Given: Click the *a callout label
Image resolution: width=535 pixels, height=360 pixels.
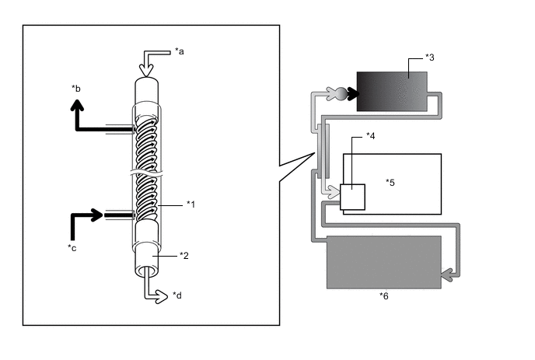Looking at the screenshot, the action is pyautogui.click(x=180, y=51).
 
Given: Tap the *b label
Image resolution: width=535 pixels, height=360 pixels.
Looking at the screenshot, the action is pyautogui.click(x=76, y=89).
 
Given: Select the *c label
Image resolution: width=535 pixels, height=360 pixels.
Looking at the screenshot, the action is pyautogui.click(x=72, y=248).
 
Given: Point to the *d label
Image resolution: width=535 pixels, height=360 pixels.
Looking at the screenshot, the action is pyautogui.click(x=177, y=295).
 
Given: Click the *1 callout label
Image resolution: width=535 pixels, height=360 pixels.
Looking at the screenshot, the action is pyautogui.click(x=191, y=204).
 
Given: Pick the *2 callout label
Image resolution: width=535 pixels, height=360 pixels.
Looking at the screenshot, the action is pyautogui.click(x=184, y=256).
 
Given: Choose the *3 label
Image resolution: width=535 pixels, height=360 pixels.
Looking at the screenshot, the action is pyautogui.click(x=430, y=58).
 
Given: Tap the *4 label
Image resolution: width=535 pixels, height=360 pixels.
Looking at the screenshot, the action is pyautogui.click(x=371, y=136).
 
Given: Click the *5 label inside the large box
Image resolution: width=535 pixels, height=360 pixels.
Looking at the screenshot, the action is pyautogui.click(x=390, y=183).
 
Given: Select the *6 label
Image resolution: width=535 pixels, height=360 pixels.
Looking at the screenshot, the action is pyautogui.click(x=384, y=295).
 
